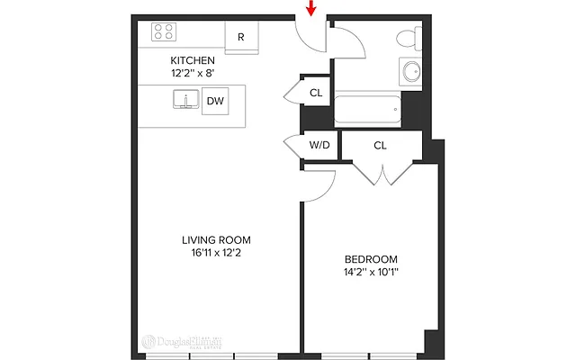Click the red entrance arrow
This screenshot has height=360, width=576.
tap(311, 9)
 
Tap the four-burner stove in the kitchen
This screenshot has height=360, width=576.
tap(164, 32)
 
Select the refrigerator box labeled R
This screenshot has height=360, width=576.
tap(241, 37)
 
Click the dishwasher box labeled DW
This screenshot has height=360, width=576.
tap(215, 101)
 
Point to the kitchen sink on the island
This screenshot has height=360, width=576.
tap(186, 99)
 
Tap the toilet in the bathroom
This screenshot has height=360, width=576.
tap(409, 39)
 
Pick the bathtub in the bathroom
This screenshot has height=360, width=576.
tap(367, 110)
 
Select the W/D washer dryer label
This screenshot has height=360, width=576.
tap(319, 145)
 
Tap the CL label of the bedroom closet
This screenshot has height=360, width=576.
tap(380, 145)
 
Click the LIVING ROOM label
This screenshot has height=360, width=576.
tap(216, 239)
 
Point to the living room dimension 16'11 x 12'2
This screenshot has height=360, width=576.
tap(216, 253)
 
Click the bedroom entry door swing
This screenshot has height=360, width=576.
tap(322, 181)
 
